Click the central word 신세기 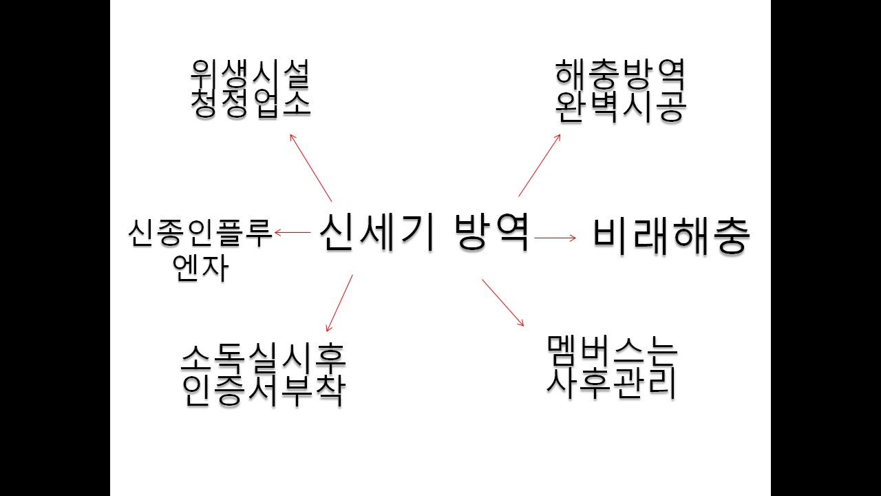point(376,232)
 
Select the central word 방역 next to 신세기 point(492,232)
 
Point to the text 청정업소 point(251,103)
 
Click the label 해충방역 point(620,75)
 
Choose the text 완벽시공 point(621,106)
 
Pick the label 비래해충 point(671,236)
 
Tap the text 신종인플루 point(200,233)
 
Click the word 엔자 point(200,267)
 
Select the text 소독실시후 point(263,358)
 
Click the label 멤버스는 point(613,351)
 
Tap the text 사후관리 point(612,382)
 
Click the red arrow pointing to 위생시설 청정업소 point(310,167)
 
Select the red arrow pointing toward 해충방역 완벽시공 point(539,165)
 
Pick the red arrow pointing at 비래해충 point(555,238)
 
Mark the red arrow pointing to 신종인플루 point(293,232)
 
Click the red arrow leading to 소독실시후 point(339,303)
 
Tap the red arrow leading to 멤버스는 point(503,302)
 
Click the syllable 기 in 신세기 point(418,232)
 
